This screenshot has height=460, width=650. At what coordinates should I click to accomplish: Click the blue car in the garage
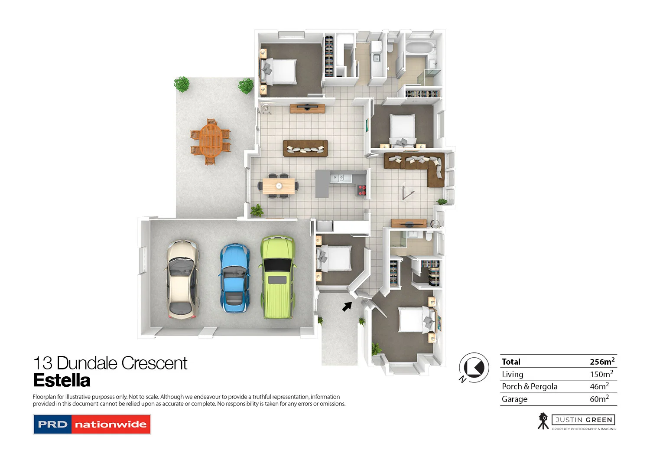[234, 277]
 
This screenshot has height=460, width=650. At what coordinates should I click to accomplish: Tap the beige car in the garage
[183, 280]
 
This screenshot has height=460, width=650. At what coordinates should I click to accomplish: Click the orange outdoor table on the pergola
[211, 141]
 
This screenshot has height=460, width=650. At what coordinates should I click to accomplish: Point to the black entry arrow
[347, 306]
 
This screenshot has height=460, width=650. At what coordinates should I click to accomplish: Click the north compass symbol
[474, 368]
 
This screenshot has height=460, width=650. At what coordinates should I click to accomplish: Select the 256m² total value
[601, 362]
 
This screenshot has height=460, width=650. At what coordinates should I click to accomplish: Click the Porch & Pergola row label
[529, 386]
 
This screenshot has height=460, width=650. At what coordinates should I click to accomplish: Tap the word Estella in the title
[62, 380]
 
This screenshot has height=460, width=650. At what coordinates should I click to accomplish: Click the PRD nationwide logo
[92, 424]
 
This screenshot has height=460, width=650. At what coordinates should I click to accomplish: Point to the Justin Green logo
[576, 421]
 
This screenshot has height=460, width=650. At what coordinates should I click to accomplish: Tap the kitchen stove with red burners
[361, 189]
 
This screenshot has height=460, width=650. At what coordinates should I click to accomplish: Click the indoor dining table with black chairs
[279, 186]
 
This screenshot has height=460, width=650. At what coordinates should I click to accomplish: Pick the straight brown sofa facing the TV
[305, 148]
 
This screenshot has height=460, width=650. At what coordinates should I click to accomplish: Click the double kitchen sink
[338, 177]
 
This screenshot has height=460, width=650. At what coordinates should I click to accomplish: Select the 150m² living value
[601, 374]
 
